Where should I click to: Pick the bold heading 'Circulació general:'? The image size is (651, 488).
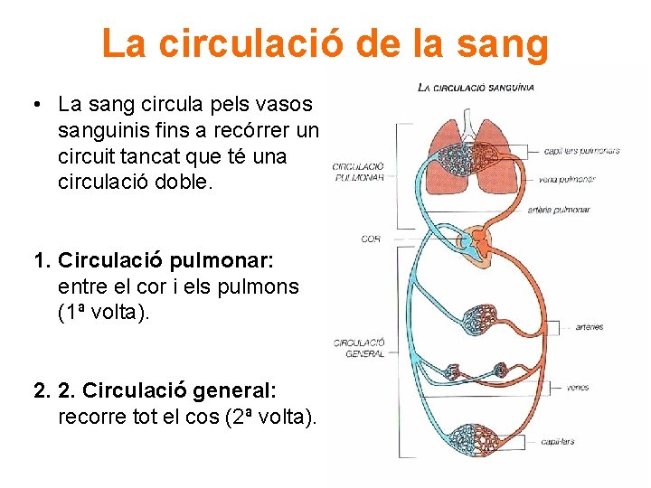(x=179, y=390)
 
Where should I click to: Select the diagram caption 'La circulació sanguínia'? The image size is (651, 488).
(x=476, y=88)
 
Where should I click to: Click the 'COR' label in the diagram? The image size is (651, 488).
(x=371, y=239)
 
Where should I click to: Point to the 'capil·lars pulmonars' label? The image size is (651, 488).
(x=582, y=151)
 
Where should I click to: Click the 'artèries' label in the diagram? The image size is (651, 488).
(x=589, y=327)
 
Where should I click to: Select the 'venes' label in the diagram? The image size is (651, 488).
(x=578, y=387)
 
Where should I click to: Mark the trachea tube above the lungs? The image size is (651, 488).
(x=468, y=122)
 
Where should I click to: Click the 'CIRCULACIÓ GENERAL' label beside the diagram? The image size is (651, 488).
(x=359, y=348)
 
